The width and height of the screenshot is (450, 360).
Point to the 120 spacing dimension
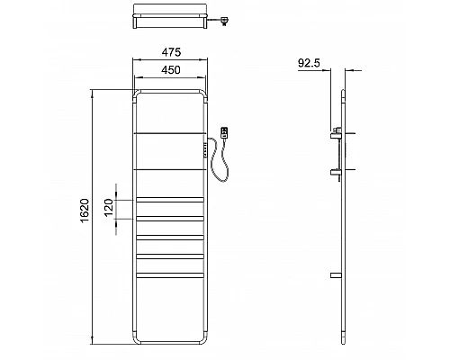(x=109, y=208)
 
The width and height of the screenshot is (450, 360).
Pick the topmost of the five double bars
(x=169, y=198)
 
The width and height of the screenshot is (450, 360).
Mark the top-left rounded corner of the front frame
(x=136, y=93)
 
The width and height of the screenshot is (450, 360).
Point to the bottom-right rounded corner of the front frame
(x=203, y=342)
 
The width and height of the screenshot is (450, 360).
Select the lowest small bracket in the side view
(x=336, y=274)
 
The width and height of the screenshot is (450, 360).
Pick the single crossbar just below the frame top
(x=169, y=132)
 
